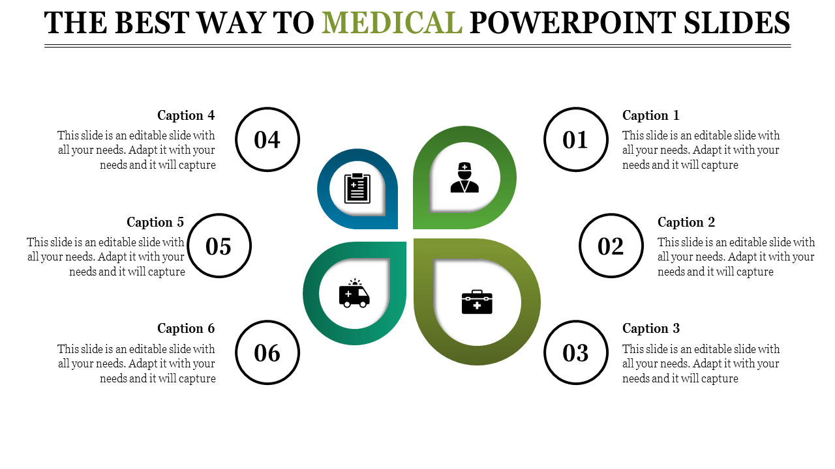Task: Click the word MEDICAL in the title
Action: (392, 23)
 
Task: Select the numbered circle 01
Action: (575, 139)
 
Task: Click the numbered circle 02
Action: (611, 246)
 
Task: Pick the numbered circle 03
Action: (575, 352)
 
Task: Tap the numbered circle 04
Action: (267, 139)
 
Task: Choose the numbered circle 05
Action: (219, 246)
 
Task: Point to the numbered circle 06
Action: (267, 352)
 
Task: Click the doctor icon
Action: (464, 178)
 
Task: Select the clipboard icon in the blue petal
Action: (357, 188)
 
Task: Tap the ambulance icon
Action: (354, 294)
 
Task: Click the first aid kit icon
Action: (477, 302)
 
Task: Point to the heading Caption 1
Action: (650, 115)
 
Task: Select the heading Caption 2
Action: (686, 222)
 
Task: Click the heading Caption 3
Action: (650, 328)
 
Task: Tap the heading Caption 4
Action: (186, 115)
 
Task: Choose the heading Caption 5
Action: (155, 222)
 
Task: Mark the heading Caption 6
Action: (186, 328)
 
